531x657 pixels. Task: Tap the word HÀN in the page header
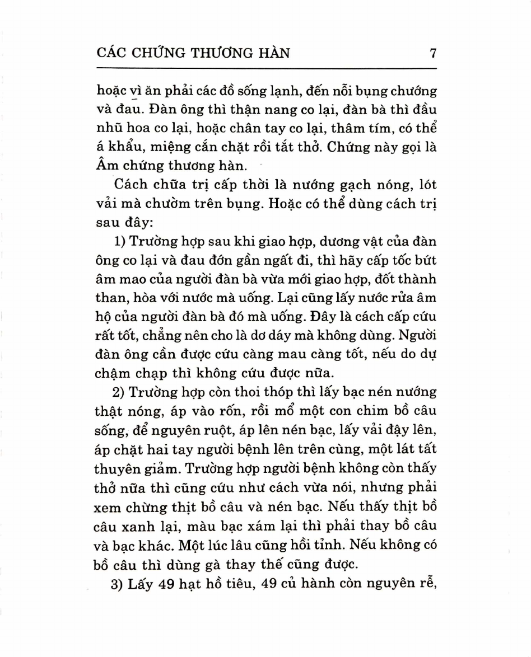click(273, 53)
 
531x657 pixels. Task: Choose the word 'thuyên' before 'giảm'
click(117, 469)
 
